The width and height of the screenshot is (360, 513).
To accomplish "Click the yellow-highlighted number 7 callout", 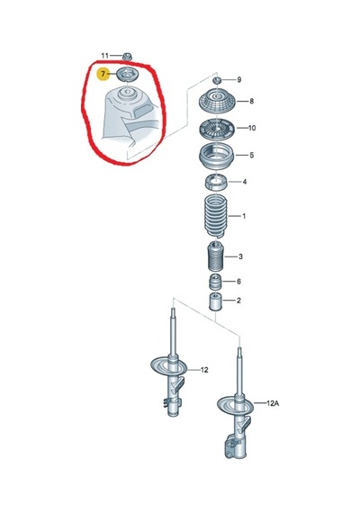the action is click(103, 75).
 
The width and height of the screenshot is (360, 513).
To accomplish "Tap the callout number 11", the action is click(104, 56).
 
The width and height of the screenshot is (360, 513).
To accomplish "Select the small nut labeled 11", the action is click(127, 57).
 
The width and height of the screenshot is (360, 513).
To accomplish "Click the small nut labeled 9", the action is click(216, 80).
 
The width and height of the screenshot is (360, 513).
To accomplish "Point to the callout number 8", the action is click(251, 101).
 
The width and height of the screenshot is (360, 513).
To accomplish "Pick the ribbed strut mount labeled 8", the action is click(216, 102).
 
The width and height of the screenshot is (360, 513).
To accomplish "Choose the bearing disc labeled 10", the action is click(216, 129).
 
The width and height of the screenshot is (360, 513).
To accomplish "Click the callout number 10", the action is click(252, 128).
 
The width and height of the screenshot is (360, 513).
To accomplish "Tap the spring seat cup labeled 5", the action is click(216, 157).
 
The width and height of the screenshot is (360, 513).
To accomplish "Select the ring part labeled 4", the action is click(216, 182).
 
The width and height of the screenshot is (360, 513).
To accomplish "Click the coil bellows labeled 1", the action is click(215, 216).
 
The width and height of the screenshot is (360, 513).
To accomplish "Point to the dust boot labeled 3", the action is click(216, 256).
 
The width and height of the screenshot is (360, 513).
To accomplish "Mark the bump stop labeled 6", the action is click(215, 283).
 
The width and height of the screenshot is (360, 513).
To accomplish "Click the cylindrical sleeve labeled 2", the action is click(215, 302).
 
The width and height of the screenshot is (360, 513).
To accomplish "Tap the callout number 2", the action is click(238, 301).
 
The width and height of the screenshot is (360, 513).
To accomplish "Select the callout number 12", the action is click(204, 370).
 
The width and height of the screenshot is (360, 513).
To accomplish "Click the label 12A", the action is click(273, 403).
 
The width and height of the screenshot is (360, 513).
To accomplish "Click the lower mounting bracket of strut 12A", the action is click(235, 445).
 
